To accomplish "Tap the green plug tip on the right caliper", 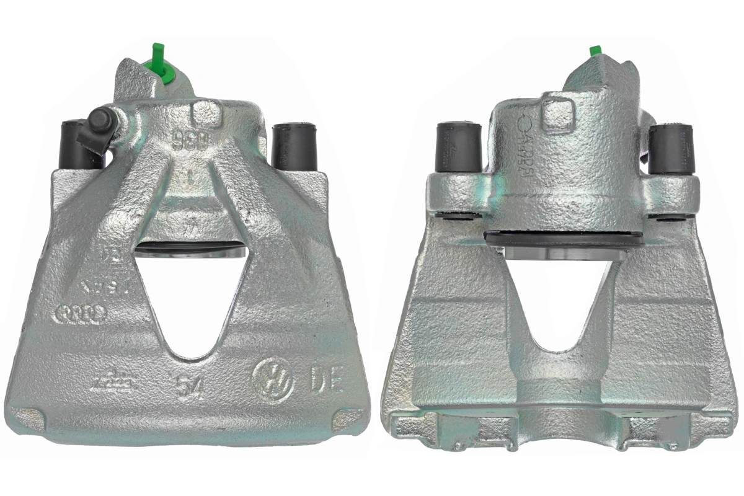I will click(x=596, y=51).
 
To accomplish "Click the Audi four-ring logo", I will click(x=81, y=314).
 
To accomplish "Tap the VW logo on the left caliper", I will click(x=272, y=379).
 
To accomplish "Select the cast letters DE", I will click(x=325, y=379).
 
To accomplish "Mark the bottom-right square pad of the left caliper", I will click(x=345, y=422).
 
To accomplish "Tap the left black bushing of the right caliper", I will click(x=459, y=146).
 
